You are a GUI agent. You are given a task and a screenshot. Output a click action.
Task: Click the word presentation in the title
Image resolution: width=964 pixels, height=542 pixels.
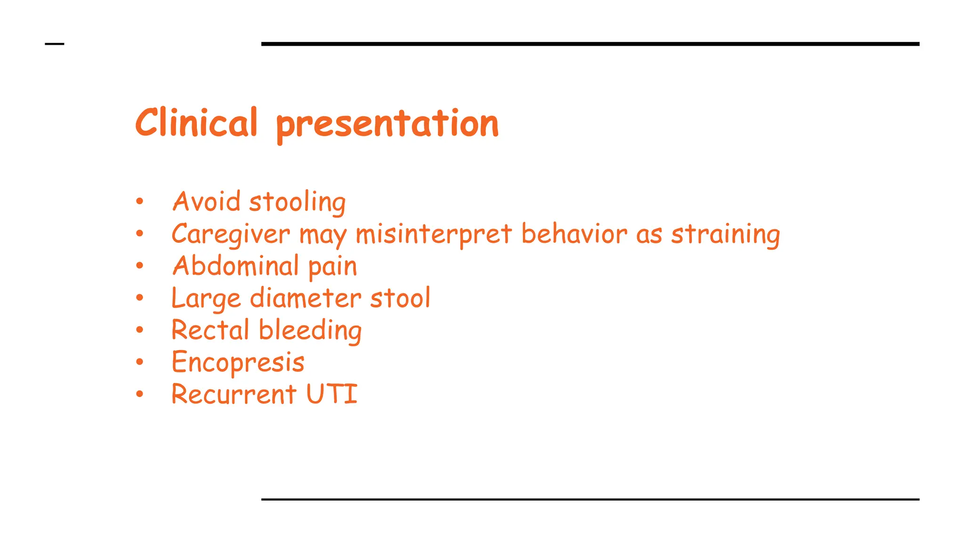coord(387,125)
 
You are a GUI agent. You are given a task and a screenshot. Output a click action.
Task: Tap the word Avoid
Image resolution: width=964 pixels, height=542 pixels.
coord(207,202)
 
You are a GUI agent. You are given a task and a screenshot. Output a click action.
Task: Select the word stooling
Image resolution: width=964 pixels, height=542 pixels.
coord(297,203)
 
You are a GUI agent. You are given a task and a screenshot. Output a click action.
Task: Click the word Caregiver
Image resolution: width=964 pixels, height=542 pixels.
coord(231,234)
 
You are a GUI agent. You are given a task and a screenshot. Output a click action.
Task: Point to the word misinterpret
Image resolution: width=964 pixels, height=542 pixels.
coord(434,234)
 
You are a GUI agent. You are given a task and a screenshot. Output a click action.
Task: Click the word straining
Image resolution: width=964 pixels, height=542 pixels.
coord(725,234)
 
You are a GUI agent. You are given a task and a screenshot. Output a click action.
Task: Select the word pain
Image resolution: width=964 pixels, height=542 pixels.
coord(333,267)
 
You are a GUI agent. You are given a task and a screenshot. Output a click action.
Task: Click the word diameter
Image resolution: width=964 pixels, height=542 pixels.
coord(305,298)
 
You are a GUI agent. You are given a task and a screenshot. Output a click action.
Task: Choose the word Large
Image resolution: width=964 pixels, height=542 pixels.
coord(206,299)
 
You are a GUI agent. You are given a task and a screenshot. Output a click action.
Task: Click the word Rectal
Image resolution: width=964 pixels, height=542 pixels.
coord(210,330)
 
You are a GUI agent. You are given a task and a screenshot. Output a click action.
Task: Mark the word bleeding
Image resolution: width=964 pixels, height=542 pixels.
coord(310,331)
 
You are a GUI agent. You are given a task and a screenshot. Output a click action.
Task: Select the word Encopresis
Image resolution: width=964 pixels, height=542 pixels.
coord(238,363)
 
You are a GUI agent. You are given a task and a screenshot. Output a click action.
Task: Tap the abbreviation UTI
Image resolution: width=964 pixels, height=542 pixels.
coord(332,394)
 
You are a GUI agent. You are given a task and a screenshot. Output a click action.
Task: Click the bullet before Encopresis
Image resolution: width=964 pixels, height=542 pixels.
coord(139,362)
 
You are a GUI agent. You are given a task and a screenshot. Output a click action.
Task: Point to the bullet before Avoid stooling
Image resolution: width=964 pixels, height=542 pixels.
coord(139,201)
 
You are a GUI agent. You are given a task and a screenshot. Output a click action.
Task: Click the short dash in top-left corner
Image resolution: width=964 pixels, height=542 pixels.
coord(55,44)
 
